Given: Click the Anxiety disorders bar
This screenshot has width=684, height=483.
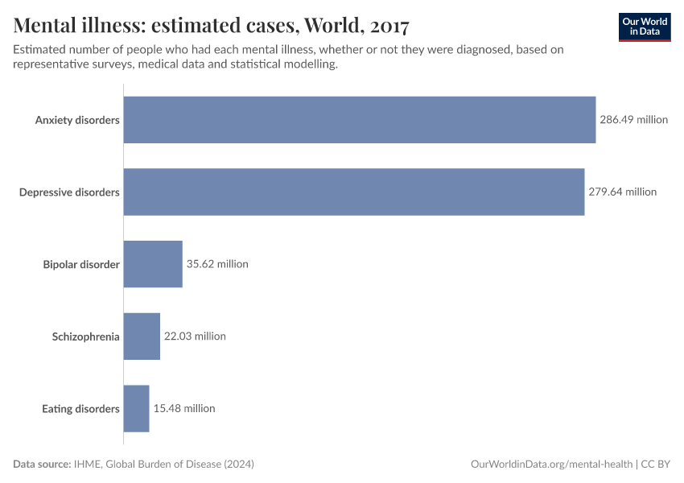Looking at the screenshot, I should (359, 120).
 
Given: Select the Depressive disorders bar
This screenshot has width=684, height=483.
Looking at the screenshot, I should (353, 192).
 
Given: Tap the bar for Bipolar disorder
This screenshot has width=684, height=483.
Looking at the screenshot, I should (153, 264).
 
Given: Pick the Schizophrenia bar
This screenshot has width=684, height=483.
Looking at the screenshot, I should (142, 336).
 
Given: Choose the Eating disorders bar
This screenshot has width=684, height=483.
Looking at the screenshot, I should (136, 408).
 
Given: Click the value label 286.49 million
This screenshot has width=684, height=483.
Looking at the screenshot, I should (633, 120).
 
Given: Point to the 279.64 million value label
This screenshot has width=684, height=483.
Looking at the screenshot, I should (622, 192).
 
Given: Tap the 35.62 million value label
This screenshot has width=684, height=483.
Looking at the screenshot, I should (217, 264).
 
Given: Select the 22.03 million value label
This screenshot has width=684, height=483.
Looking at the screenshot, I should (195, 336).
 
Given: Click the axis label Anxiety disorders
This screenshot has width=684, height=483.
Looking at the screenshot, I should (77, 120).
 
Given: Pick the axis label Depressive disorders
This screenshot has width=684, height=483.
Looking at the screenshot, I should (69, 192).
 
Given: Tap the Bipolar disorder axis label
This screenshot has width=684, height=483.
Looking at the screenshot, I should (81, 264).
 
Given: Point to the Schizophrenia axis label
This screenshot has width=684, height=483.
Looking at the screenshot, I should (85, 336).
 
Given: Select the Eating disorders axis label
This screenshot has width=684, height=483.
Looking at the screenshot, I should (80, 409).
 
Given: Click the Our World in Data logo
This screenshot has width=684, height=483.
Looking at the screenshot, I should (645, 27).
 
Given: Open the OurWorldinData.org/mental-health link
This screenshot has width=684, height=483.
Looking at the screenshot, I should (551, 464).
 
